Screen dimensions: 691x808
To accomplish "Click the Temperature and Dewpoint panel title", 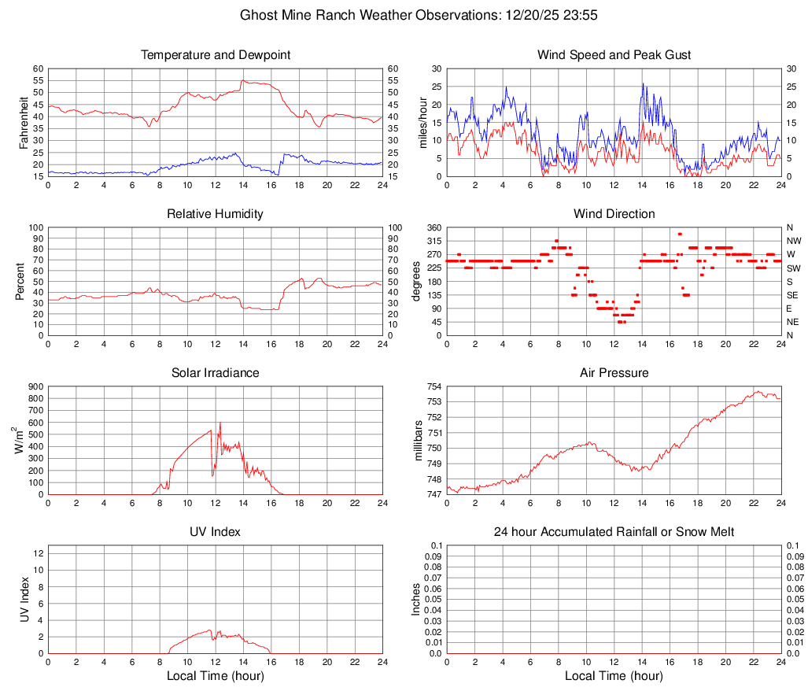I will coord(216,55).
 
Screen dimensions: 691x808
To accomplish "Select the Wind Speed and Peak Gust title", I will coord(614,55).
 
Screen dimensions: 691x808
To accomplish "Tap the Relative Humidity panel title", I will coord(216,214).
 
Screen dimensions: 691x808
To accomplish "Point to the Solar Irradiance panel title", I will coord(216,373).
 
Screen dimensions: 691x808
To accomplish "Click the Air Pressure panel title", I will coord(614,373).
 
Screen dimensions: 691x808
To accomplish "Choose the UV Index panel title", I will coord(216,532).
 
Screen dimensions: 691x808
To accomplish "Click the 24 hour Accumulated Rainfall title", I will coord(614,532).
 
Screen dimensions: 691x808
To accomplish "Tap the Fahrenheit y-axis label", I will coord(24,122).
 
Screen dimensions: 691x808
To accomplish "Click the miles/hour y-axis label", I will coord(422,122).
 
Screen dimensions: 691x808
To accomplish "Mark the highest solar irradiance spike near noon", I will coord(220,423).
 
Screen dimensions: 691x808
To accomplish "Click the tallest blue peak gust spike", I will coord(643,83).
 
